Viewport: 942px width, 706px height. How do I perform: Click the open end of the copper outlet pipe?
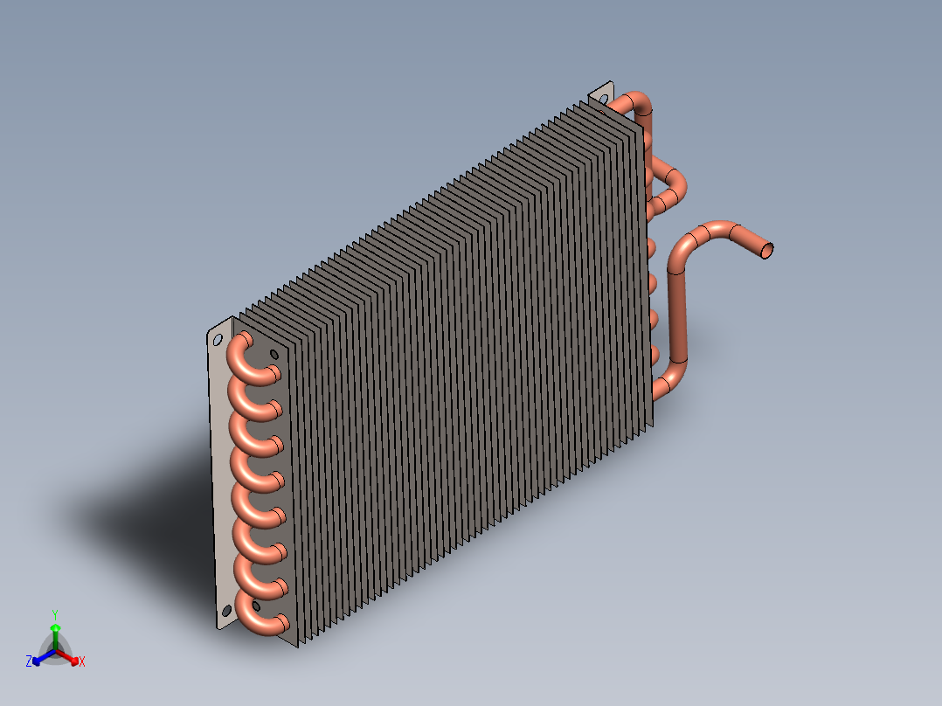pyautogui.click(x=767, y=250)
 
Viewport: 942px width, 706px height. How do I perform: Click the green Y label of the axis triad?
pyautogui.click(x=55, y=615)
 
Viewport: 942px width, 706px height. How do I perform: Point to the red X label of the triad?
pyautogui.click(x=82, y=661)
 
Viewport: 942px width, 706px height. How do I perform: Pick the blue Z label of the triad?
pyautogui.click(x=29, y=661)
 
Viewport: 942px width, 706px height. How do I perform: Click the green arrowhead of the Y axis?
pyautogui.click(x=55, y=628)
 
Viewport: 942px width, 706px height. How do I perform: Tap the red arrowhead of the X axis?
pyautogui.click(x=74, y=661)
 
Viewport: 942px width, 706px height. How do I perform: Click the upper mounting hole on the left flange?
pyautogui.click(x=218, y=341)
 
